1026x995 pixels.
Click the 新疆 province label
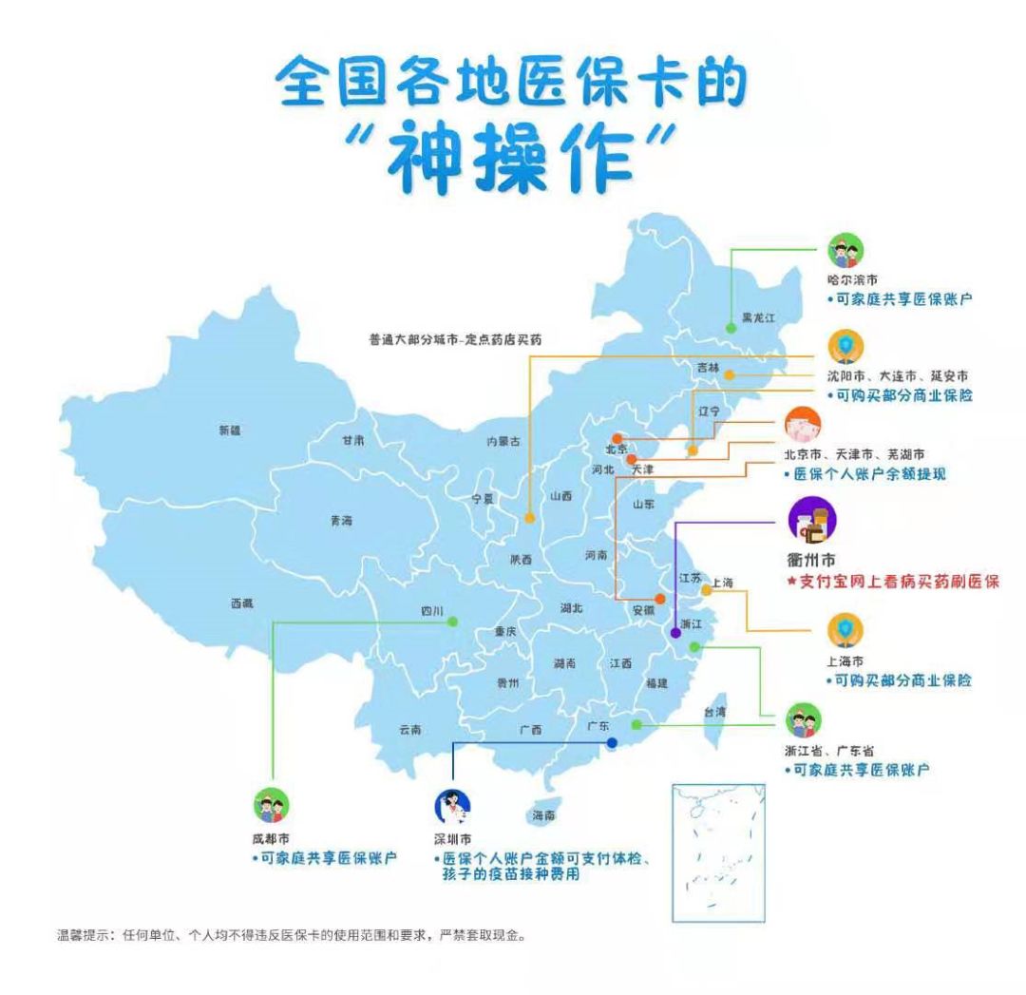coord(229,431)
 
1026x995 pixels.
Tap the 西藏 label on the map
coord(242,603)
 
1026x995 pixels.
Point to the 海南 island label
coord(543,816)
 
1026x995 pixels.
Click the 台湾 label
coord(714,711)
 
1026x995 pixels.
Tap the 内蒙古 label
coord(503,441)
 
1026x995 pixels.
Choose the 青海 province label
coord(341,520)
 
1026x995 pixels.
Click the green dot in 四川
coord(452,622)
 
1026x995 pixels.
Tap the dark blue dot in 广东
coord(613,742)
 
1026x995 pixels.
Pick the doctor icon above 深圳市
coord(452,808)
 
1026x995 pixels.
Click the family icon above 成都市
coord(270,807)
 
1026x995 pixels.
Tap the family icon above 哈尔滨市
coord(845,252)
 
